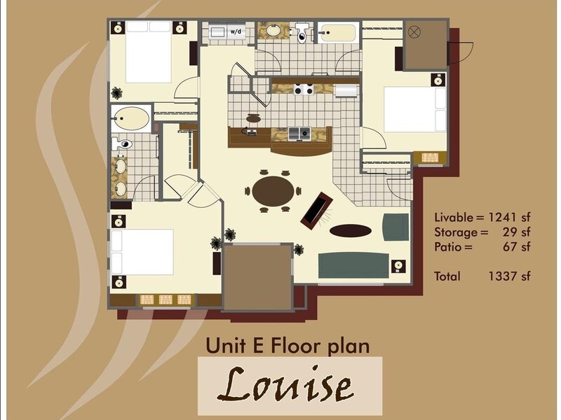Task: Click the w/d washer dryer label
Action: (x=236, y=31)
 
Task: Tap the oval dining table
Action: (x=273, y=191)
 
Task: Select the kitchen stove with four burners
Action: (x=304, y=89)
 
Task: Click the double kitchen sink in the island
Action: (x=299, y=134)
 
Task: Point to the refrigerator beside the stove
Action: (x=345, y=90)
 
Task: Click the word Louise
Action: (x=285, y=384)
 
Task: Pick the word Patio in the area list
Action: (x=448, y=247)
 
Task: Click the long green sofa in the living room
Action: (x=353, y=265)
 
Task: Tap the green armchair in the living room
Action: (x=396, y=227)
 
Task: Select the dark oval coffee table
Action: (x=350, y=231)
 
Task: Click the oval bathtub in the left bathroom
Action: (x=131, y=118)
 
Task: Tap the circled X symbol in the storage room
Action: (x=414, y=32)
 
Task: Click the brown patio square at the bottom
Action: (x=257, y=277)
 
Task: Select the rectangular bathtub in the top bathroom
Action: (x=339, y=32)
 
